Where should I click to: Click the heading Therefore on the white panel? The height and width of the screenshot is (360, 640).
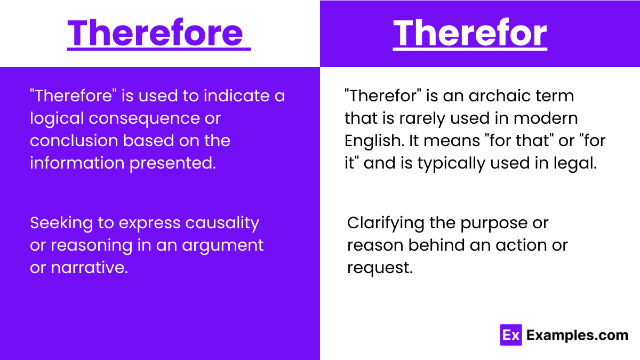coord(158,33)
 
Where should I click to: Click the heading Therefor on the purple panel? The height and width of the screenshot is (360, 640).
coord(470,33)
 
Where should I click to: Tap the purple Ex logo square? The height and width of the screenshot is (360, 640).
coord(510,335)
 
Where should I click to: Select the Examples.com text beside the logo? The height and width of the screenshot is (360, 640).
coord(577,335)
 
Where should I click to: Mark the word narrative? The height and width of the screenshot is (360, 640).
coord(89,268)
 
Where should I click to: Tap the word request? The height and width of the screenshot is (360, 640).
coord(380,268)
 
